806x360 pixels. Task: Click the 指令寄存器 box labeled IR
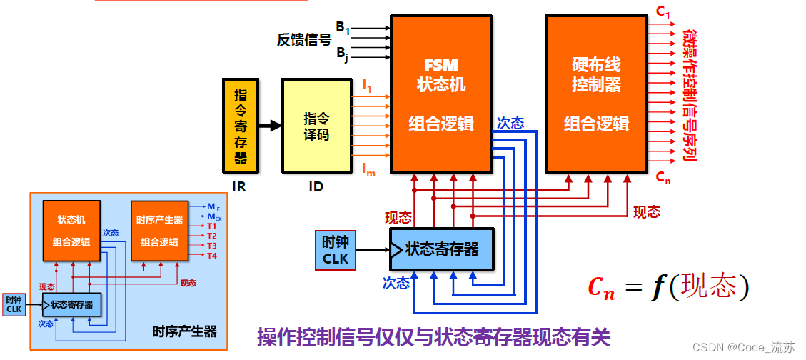tap(241, 126)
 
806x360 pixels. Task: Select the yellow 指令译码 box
tap(317, 126)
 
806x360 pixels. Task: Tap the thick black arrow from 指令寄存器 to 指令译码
tap(270, 126)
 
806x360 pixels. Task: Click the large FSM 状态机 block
tap(440, 94)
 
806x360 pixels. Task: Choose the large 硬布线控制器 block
tap(597, 94)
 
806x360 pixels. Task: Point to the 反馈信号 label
tap(304, 40)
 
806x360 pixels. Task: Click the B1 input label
tap(343, 29)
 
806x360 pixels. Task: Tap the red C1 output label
tap(663, 12)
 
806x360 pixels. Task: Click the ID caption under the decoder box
tap(316, 187)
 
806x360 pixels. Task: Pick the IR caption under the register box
tap(239, 187)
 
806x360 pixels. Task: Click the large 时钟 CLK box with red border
tap(336, 250)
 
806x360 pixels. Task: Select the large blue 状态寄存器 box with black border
tap(441, 250)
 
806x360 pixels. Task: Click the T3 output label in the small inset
tap(212, 245)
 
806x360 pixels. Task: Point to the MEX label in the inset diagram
tap(214, 216)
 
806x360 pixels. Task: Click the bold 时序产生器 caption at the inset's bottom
tap(184, 331)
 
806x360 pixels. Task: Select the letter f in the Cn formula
tap(657, 287)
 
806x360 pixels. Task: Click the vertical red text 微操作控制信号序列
tap(689, 96)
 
